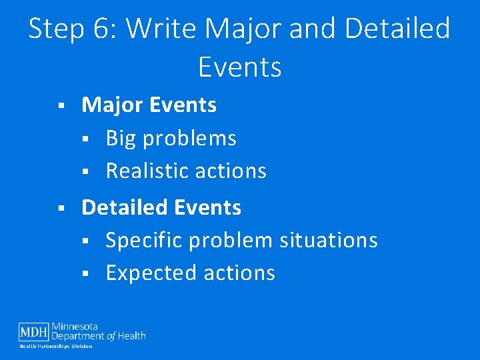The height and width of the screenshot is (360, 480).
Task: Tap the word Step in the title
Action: [58, 29]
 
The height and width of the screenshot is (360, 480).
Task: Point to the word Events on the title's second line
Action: [240, 67]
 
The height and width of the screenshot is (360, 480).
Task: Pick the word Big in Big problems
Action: [121, 138]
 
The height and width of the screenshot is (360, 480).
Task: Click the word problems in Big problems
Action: [190, 138]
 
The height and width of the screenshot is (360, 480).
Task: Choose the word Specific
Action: [143, 240]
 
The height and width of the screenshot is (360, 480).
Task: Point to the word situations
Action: [329, 240]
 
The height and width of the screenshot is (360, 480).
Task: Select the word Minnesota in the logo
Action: [75, 327]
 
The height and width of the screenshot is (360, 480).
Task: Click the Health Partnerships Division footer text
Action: [55, 346]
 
